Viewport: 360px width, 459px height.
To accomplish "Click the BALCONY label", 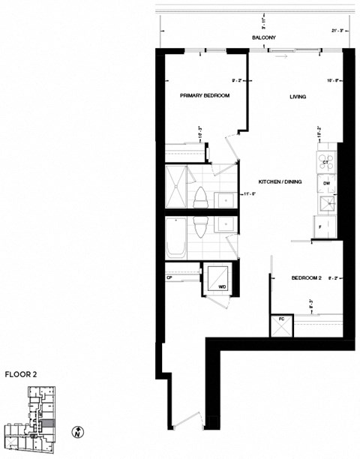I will pos(264,37).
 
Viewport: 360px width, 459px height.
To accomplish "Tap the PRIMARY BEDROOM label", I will pos(204,96).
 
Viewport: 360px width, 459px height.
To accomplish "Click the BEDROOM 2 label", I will pos(305,278).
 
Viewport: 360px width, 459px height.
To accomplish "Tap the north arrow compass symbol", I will pos(77,432).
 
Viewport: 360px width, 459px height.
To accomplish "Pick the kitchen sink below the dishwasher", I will pos(327,204).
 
